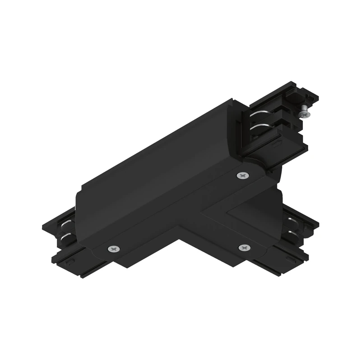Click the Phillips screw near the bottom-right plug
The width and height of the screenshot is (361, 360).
pos(244,248)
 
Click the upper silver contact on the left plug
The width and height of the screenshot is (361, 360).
pos(66,224)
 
